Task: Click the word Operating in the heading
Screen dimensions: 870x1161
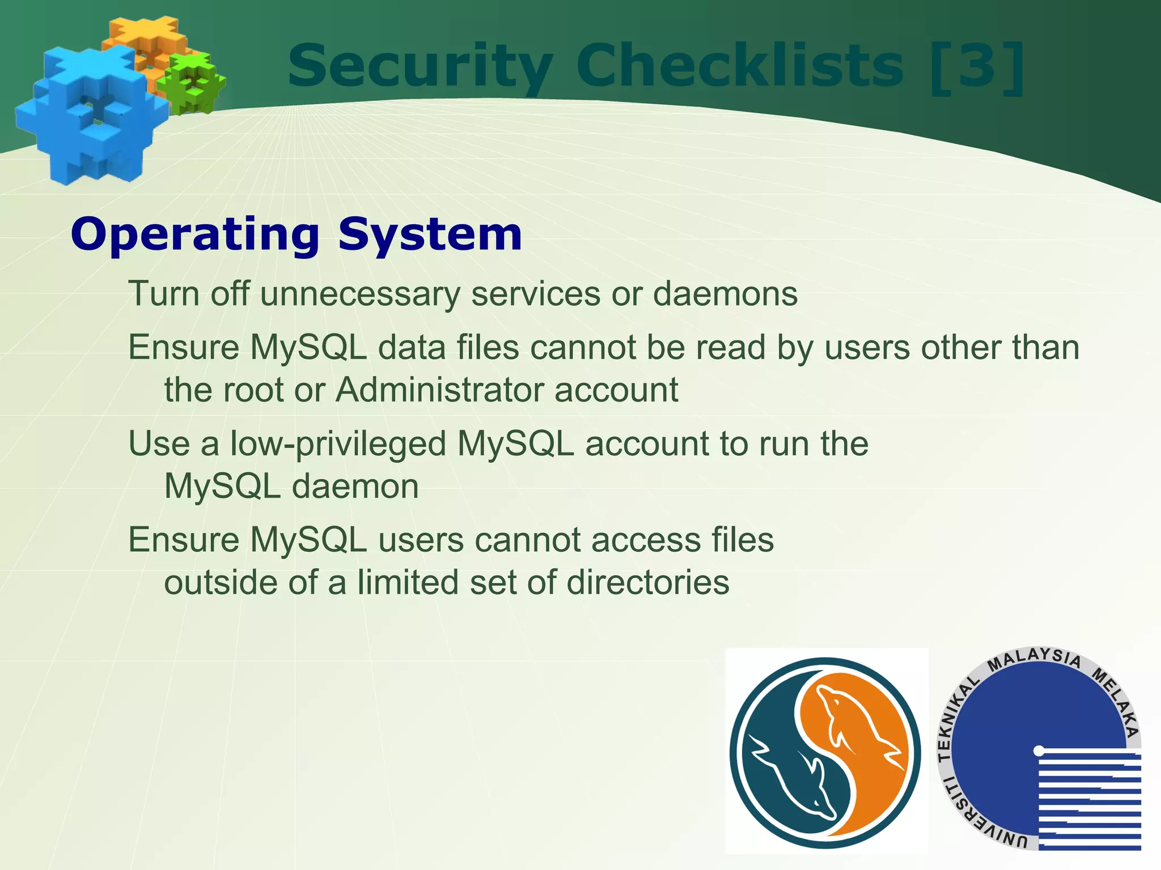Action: (196, 235)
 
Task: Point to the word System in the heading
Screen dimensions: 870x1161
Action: (430, 235)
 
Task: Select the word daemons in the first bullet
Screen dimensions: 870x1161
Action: (725, 294)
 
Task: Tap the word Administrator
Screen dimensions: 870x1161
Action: (439, 390)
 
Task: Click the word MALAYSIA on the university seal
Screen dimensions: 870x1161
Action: (1034, 659)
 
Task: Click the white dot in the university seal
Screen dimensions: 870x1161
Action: (1039, 750)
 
